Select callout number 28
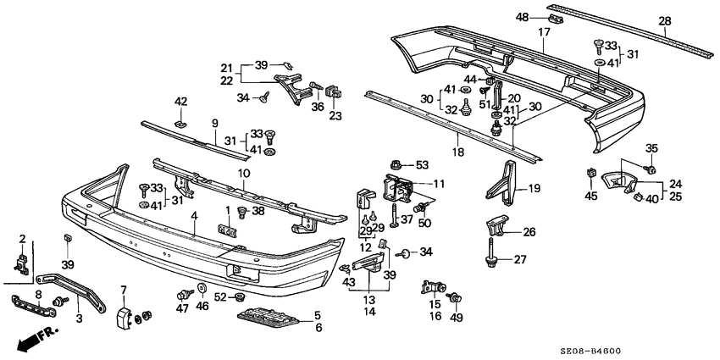click(x=665, y=21)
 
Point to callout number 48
click(x=522, y=16)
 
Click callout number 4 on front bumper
click(x=195, y=216)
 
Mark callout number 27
click(x=521, y=259)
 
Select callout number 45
click(x=590, y=197)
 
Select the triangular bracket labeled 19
click(x=506, y=182)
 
